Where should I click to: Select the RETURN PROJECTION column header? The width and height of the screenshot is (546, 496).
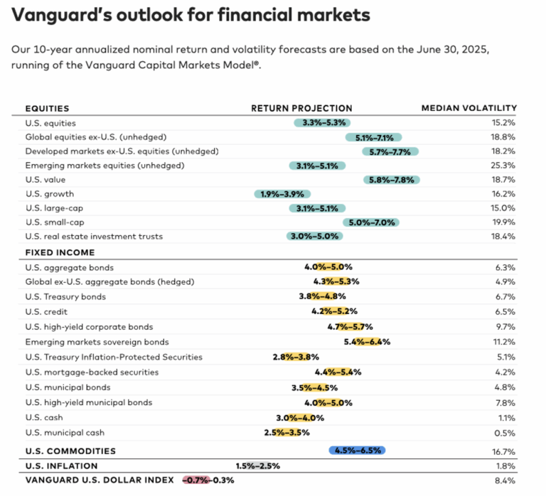pyautogui.click(x=301, y=108)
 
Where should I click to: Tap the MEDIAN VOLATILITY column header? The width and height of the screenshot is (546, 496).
pyautogui.click(x=469, y=108)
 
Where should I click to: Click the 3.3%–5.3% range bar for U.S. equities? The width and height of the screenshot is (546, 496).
pyautogui.click(x=322, y=123)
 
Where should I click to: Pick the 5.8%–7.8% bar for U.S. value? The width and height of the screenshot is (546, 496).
pyautogui.click(x=391, y=180)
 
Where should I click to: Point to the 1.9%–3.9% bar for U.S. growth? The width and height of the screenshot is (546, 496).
pyautogui.click(x=282, y=194)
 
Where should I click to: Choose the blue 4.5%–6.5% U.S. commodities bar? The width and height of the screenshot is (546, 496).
pyautogui.click(x=357, y=451)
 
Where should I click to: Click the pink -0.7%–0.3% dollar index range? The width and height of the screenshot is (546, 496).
pyautogui.click(x=208, y=480)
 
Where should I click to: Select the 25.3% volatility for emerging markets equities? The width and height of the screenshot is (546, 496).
pyautogui.click(x=503, y=166)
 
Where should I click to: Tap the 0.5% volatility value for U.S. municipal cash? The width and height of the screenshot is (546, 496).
pyautogui.click(x=506, y=433)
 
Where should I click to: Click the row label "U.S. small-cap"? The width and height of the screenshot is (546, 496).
pyautogui.click(x=55, y=222)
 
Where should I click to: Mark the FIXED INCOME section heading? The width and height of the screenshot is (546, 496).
pyautogui.click(x=60, y=252)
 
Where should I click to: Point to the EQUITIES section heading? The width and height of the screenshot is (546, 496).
pyautogui.click(x=47, y=108)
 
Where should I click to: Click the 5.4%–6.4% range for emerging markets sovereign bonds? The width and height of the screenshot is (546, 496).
pyautogui.click(x=367, y=342)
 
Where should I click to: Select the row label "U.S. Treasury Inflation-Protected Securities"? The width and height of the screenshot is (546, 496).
pyautogui.click(x=114, y=357)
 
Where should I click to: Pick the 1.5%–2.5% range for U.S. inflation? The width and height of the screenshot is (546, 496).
pyautogui.click(x=257, y=466)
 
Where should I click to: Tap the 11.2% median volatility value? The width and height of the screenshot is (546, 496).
pyautogui.click(x=504, y=342)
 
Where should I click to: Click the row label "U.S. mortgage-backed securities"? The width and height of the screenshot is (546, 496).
pyautogui.click(x=92, y=372)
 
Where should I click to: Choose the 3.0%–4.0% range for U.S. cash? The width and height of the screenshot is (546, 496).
pyautogui.click(x=300, y=418)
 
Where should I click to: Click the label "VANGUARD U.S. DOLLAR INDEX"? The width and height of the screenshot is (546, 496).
pyautogui.click(x=99, y=480)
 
